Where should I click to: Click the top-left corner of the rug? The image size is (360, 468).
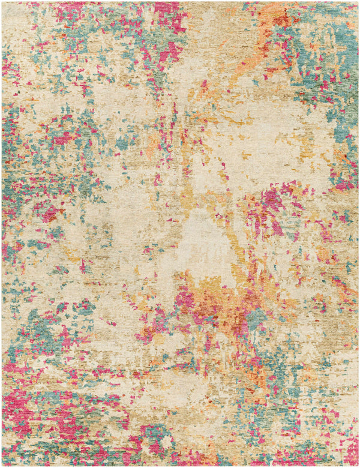[2, 2]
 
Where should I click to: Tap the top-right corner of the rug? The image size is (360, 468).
[358, 2]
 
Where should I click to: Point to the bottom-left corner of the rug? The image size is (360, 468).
[2, 466]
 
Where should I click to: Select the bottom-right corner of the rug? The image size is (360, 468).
[358, 466]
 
